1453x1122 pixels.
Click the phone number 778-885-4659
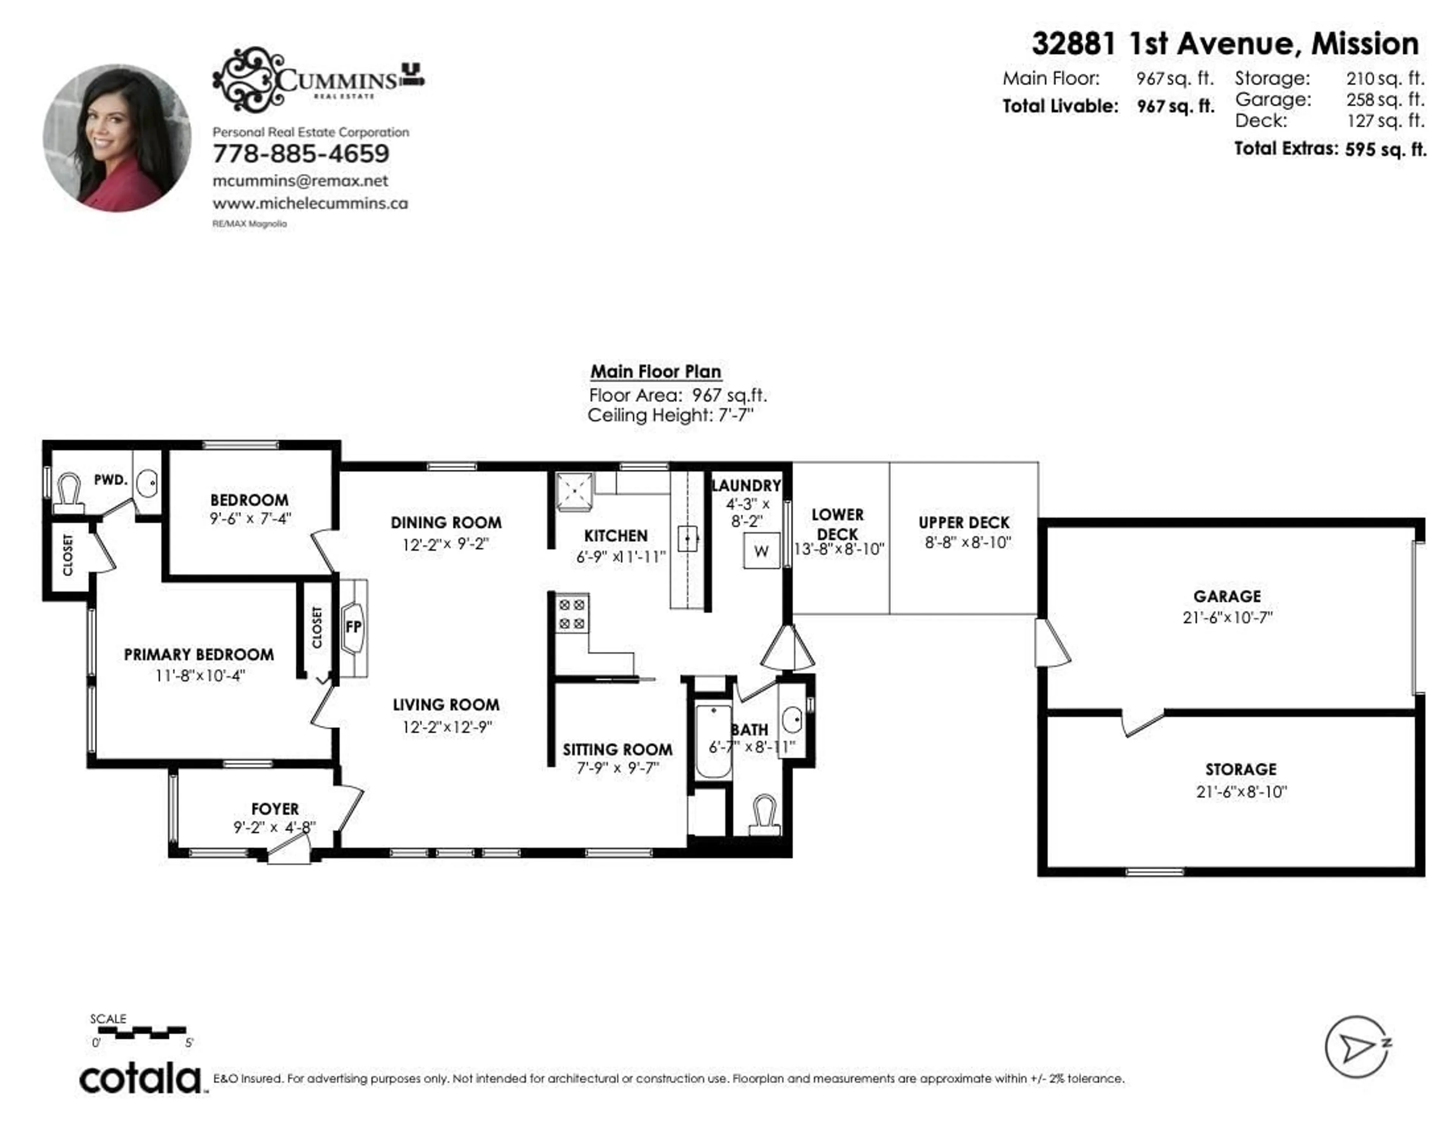click(301, 154)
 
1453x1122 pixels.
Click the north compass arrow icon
click(1356, 1047)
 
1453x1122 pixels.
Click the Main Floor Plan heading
click(655, 372)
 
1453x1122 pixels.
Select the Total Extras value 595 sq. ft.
click(1385, 149)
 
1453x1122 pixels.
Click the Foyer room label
click(275, 809)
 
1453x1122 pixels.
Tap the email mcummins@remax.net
click(300, 181)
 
